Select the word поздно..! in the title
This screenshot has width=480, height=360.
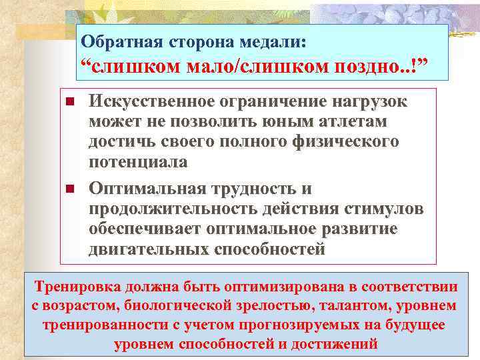coord(377,67)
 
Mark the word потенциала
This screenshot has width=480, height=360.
coord(137,161)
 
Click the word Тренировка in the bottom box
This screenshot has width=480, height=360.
coord(78,287)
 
